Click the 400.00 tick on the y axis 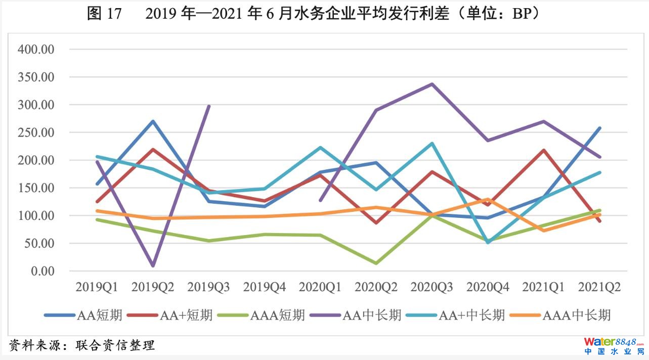coord(35,50)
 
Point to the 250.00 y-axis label coord(35,132)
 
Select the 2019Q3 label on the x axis coord(208,288)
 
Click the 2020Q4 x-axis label coord(488,288)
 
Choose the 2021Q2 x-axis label coord(599,288)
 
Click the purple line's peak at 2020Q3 coord(432,84)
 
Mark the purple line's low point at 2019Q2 coord(153,265)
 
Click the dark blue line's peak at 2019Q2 coord(153,121)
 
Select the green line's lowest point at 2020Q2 coord(376,263)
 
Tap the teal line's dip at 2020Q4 coord(488,242)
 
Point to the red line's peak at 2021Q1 coord(544,150)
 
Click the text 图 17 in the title coord(104,14)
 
